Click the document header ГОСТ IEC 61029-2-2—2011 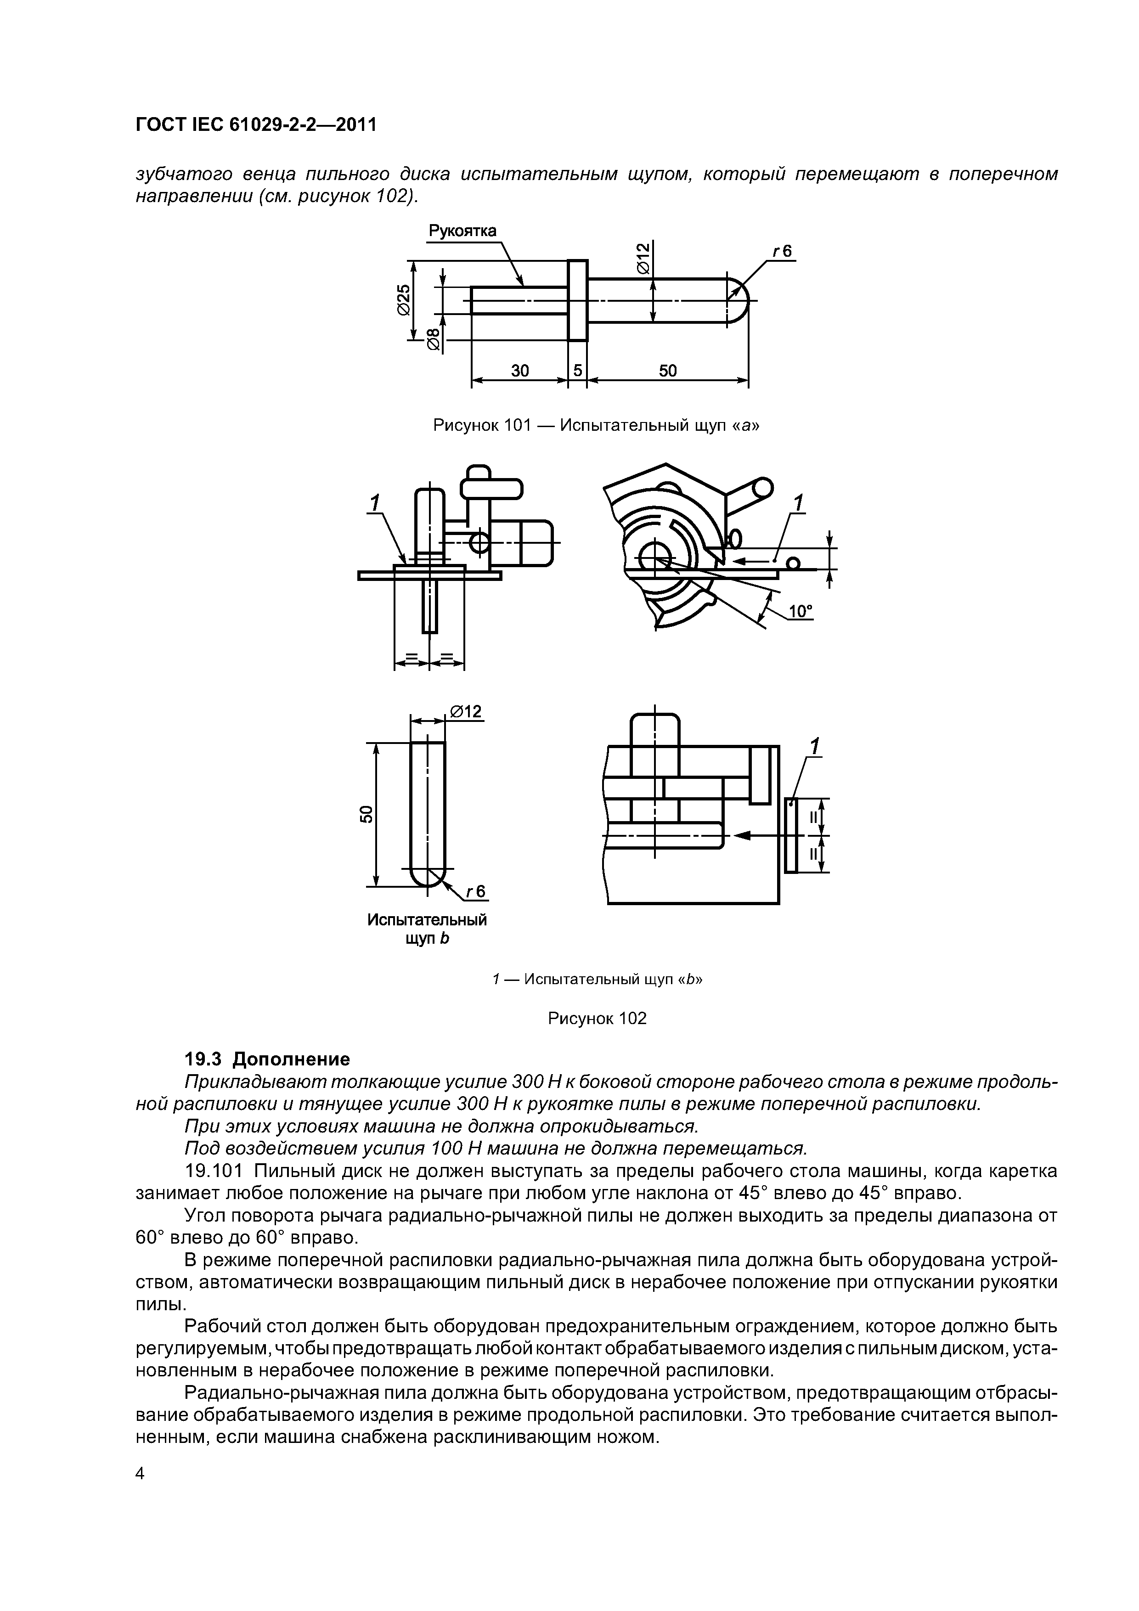pos(256,125)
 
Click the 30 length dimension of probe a pos(519,371)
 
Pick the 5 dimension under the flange pos(578,371)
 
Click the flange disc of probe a pos(578,300)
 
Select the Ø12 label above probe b pos(466,712)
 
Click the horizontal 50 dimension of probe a pos(667,371)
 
